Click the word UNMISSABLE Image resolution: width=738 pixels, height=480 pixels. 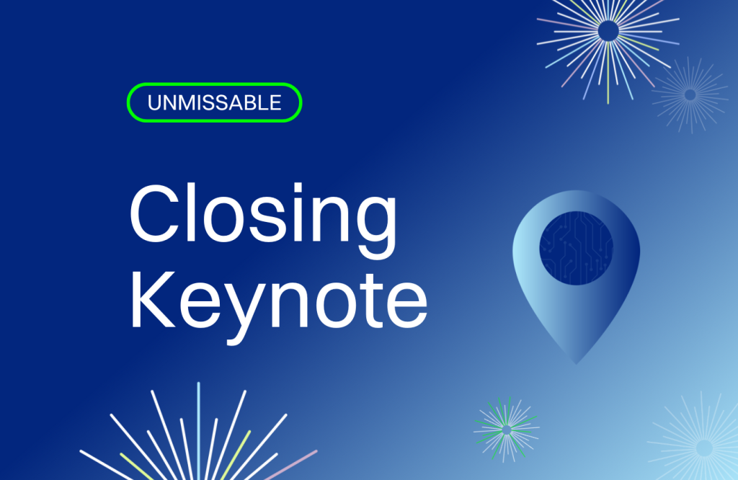point(214,102)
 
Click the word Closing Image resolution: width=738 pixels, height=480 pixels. point(263,221)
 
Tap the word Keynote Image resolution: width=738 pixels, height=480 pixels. point(279,301)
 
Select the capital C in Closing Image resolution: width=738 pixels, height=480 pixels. point(156,213)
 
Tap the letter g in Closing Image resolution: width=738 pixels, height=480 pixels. point(376,229)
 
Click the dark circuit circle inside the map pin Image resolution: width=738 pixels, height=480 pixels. point(576,248)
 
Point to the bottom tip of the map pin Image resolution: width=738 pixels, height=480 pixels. point(576,364)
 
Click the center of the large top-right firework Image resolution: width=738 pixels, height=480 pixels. point(608,31)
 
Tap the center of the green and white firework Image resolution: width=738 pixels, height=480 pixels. point(507,430)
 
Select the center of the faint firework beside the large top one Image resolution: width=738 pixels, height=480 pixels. point(690,95)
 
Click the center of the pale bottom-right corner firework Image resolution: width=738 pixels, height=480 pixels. point(705,448)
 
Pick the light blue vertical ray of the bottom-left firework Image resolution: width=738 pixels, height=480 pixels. point(199,431)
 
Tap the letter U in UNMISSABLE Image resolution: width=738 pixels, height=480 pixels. point(155,103)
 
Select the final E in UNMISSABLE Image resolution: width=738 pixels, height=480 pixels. point(275,102)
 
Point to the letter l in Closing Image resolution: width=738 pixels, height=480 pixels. point(190,213)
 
